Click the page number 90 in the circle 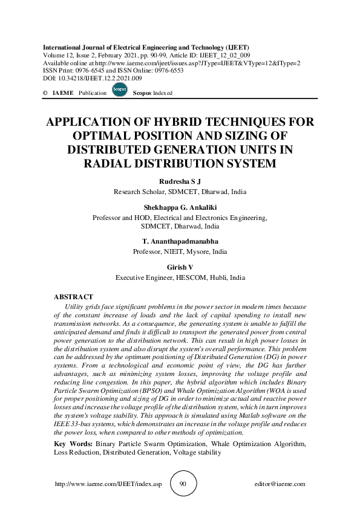pos(183,484)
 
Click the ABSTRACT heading pos(73,298)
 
